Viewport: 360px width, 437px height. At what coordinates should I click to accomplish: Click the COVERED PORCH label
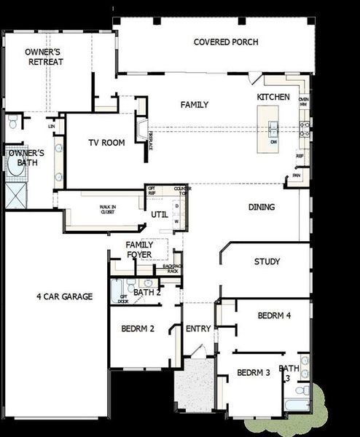pos(226,42)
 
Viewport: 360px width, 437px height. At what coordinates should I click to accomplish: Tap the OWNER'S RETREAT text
pos(45,57)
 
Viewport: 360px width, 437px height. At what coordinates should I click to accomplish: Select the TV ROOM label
pos(106,142)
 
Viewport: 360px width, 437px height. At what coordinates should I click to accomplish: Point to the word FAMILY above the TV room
pos(195,105)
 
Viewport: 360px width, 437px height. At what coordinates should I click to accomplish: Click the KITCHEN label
pos(273,97)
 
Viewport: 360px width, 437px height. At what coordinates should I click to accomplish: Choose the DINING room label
pos(262,207)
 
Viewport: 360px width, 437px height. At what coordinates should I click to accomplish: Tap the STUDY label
pos(267,261)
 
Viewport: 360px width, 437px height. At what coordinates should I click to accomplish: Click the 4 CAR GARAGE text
pos(65,296)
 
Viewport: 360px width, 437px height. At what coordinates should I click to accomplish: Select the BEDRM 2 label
pos(138,328)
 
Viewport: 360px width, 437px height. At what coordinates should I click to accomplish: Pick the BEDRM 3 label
pos(254,372)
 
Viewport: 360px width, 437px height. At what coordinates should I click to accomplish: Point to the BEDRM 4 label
pos(274,315)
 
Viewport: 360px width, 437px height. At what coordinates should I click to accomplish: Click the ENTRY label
pos(198,329)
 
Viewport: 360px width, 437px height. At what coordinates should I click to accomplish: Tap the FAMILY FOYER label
pos(138,249)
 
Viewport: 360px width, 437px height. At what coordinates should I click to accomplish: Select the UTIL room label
pos(160,215)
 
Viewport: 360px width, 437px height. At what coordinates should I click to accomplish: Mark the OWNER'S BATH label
pos(26,158)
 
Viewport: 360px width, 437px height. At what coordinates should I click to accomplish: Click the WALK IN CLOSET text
pos(107,209)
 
